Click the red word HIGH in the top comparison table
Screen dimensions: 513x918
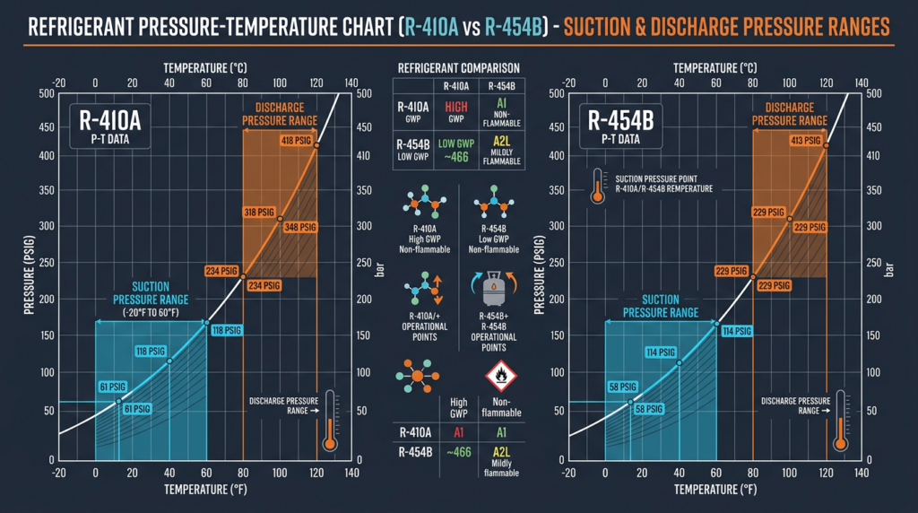coord(457,107)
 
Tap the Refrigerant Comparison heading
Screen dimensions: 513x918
coord(458,68)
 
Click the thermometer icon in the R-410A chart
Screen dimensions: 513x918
coord(330,420)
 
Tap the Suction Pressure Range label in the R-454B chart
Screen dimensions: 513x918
coord(660,306)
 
